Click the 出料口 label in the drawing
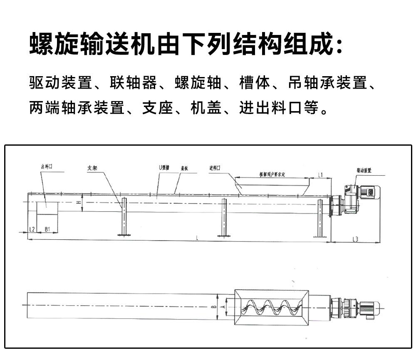click(x=46, y=166)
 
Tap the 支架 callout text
click(x=92, y=168)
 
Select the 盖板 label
click(x=184, y=169)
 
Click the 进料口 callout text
click(x=215, y=168)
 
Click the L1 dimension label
click(x=320, y=175)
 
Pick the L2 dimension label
click(x=32, y=229)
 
